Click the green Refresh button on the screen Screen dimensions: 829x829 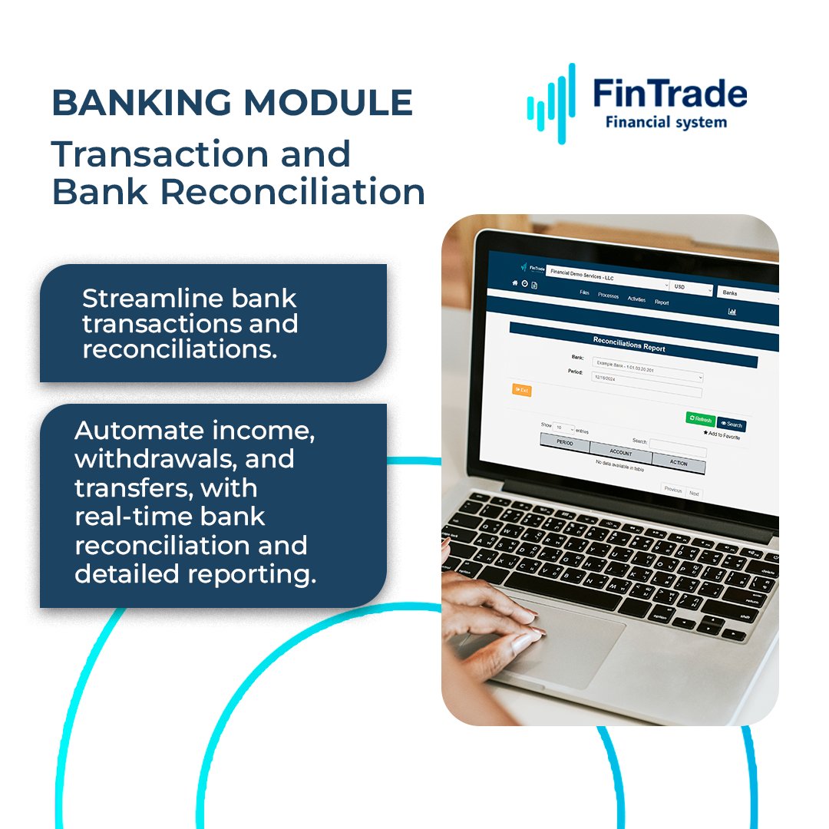(x=700, y=419)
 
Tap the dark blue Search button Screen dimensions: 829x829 (x=732, y=424)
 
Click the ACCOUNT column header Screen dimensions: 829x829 (x=621, y=453)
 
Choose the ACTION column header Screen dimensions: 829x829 (x=678, y=463)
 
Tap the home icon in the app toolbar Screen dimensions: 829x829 (x=515, y=282)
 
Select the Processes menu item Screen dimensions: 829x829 (x=608, y=296)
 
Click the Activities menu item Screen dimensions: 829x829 (x=636, y=299)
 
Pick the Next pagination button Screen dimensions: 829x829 (x=694, y=494)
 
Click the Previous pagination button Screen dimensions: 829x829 (x=672, y=490)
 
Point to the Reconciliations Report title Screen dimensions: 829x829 (x=629, y=343)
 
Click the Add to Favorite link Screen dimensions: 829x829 (x=722, y=435)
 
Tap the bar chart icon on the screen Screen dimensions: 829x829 (x=732, y=312)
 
